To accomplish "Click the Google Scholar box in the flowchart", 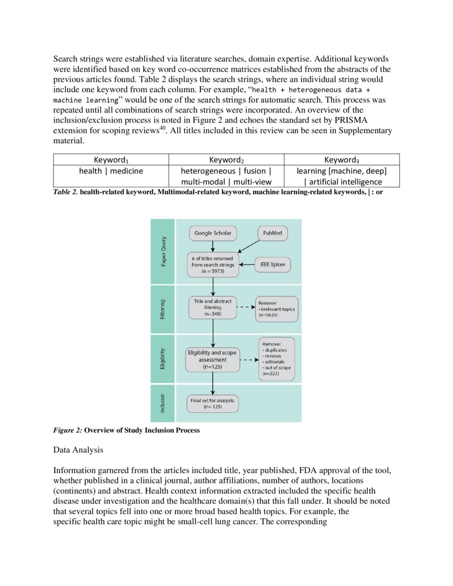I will (x=213, y=233).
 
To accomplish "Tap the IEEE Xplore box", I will (x=272, y=264).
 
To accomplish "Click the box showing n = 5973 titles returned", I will (x=212, y=265).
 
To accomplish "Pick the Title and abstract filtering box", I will (x=213, y=308).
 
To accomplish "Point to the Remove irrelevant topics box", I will (x=276, y=308).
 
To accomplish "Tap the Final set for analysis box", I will (x=212, y=402).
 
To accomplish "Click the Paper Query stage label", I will (x=163, y=252).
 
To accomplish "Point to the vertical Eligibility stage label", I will (x=163, y=359).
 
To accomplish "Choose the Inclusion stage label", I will (x=163, y=403).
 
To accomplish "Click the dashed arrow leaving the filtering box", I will (x=245, y=308).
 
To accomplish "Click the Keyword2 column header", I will (x=226, y=159).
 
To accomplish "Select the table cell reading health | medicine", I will (x=111, y=171).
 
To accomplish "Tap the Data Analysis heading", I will (x=78, y=450).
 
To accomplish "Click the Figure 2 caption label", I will (x=67, y=430).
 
